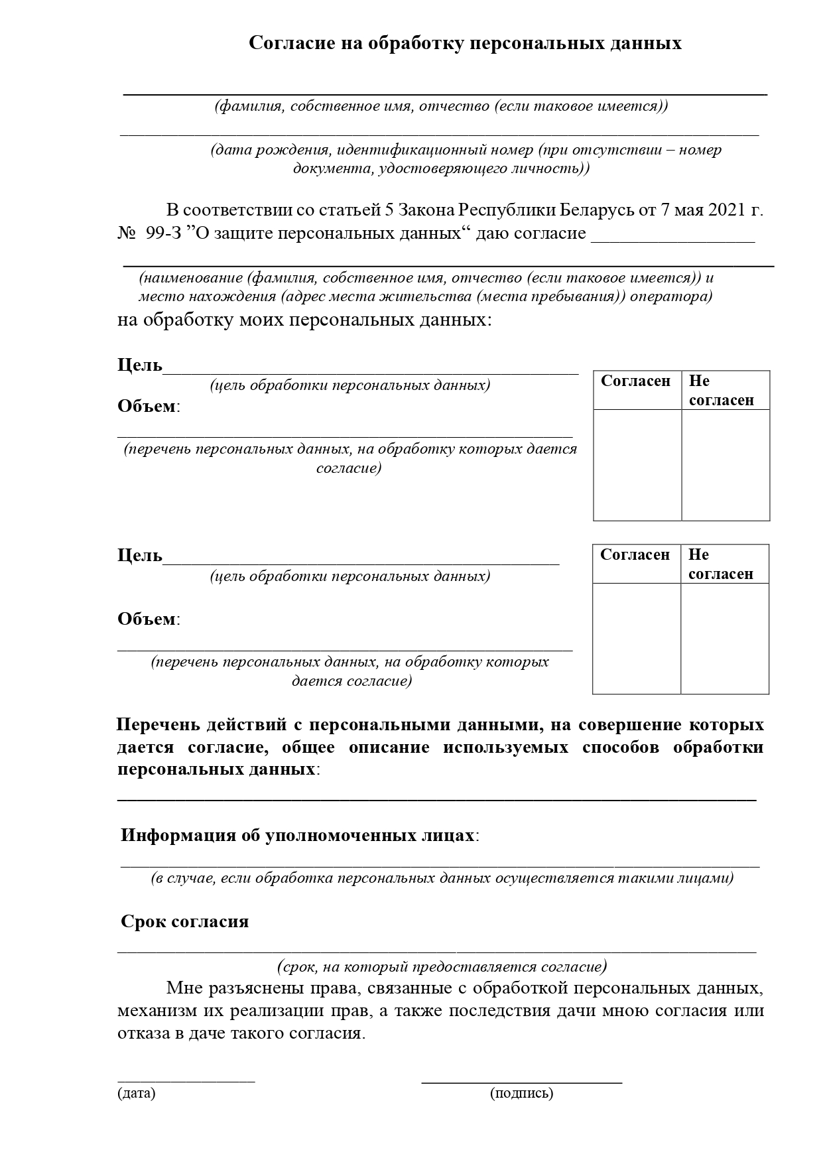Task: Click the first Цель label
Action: click(x=140, y=365)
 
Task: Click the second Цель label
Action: click(x=140, y=555)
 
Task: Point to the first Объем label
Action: click(x=147, y=406)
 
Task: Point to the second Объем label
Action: click(x=147, y=619)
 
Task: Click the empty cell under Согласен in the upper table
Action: click(x=637, y=464)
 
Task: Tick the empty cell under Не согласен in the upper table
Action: click(x=726, y=464)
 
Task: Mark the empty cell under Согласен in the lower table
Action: click(x=637, y=638)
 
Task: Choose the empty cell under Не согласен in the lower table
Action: click(x=725, y=638)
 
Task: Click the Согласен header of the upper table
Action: click(x=636, y=381)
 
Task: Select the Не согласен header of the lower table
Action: click(x=721, y=564)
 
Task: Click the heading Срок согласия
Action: click(x=185, y=921)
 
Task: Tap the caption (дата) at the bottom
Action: click(x=136, y=1093)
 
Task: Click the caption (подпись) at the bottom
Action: click(x=521, y=1093)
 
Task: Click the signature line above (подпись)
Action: click(x=521, y=1082)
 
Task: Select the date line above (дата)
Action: click(x=186, y=1081)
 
